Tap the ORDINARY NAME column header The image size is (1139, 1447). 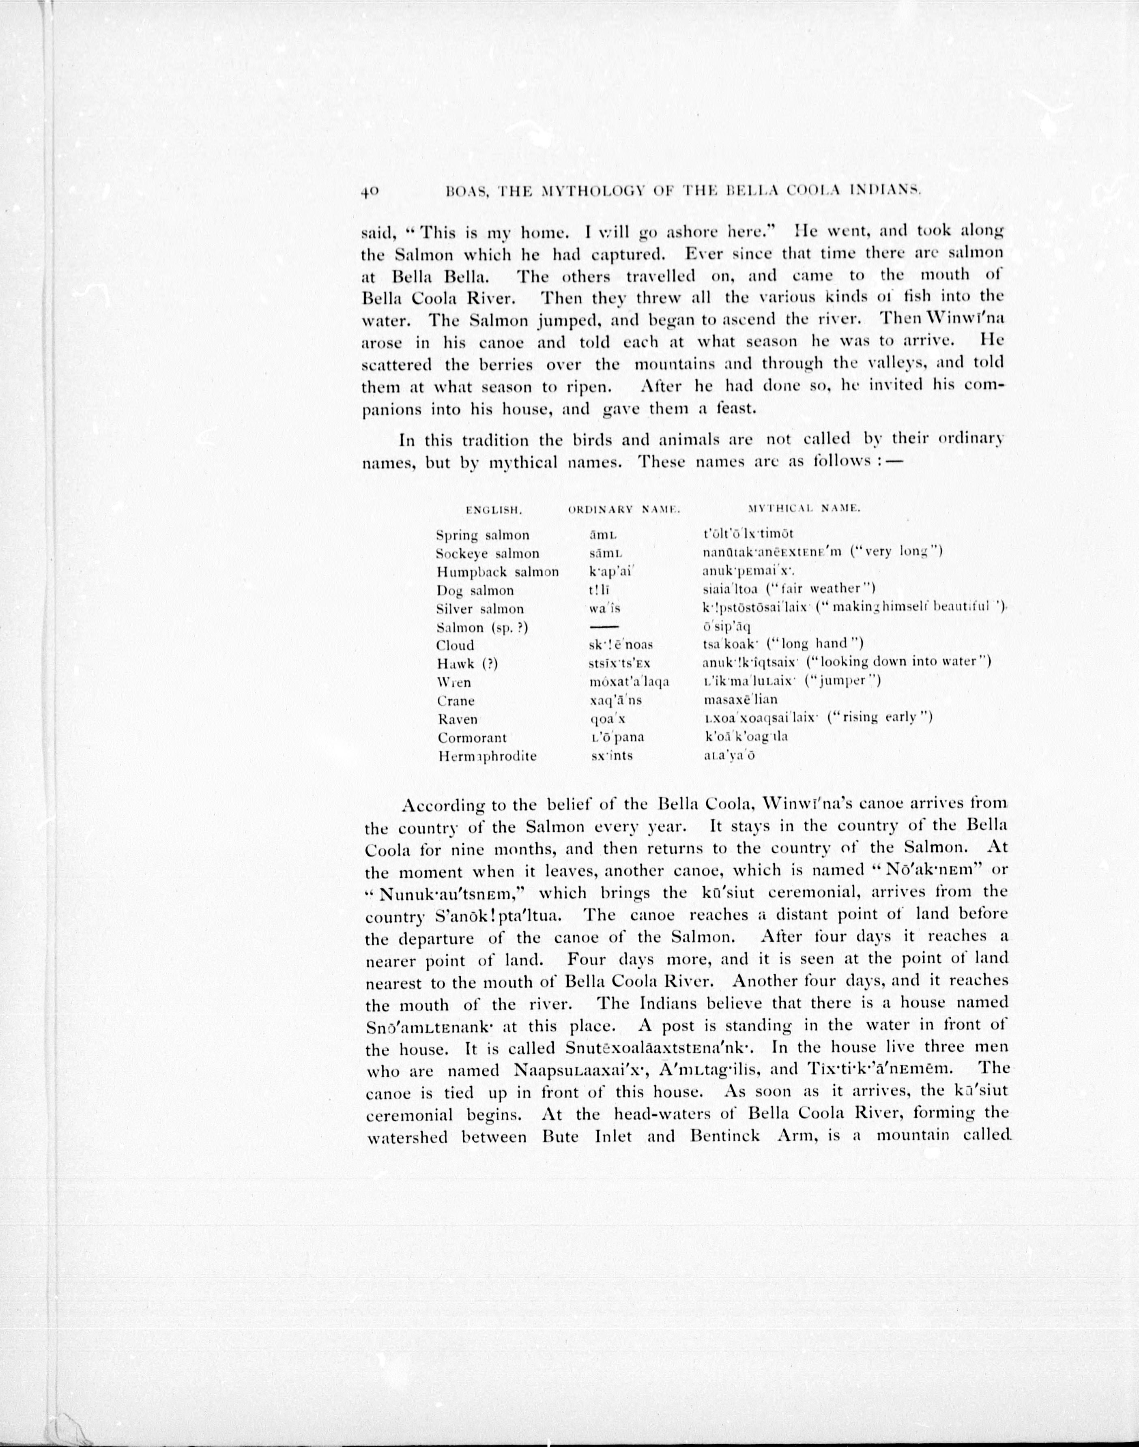click(623, 510)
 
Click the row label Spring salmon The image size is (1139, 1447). click(482, 535)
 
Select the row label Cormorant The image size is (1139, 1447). click(472, 738)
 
